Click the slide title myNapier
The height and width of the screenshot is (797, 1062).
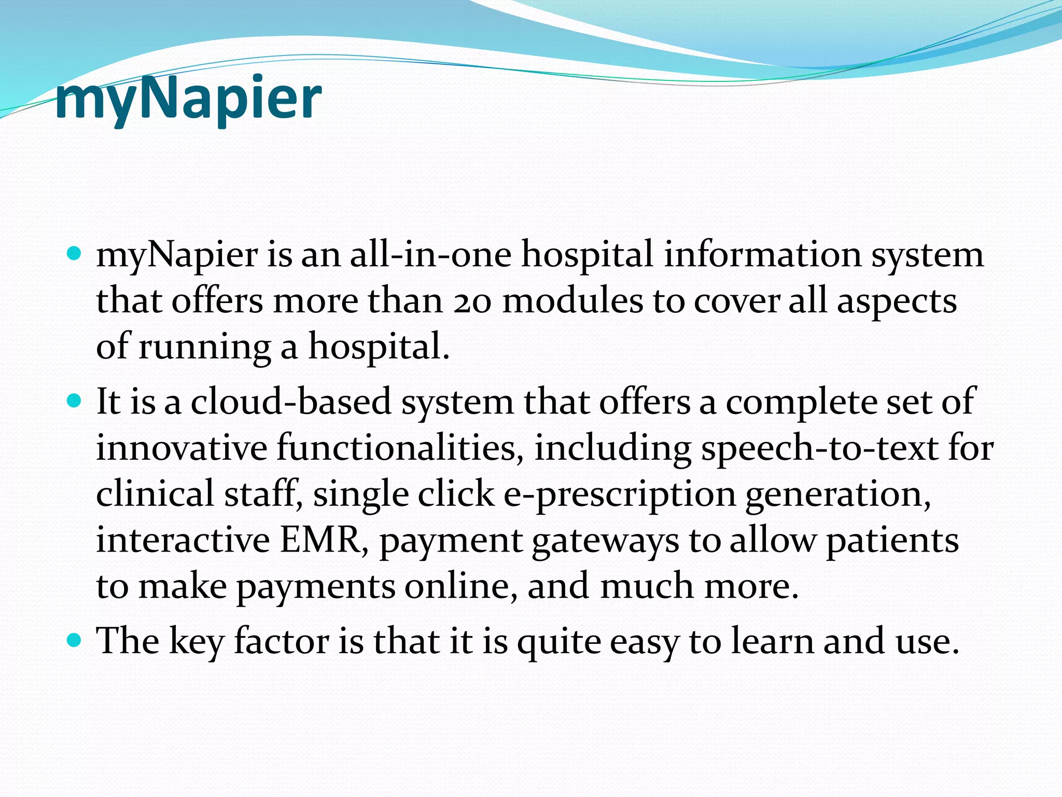point(188,99)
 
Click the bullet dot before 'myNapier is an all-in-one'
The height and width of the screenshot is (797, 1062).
point(75,254)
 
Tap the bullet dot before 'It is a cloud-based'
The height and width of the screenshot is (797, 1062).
point(75,401)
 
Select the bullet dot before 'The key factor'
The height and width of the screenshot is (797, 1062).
point(75,640)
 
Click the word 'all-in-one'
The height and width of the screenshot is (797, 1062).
point(430,255)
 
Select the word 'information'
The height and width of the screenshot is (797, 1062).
point(762,255)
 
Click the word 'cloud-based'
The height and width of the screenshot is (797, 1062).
point(291,402)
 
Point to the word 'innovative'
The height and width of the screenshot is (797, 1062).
point(181,448)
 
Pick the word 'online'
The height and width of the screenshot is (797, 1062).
point(460,586)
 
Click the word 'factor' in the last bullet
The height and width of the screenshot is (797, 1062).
point(282,641)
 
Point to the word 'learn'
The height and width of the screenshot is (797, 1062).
point(773,641)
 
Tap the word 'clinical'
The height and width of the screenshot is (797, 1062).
point(155,493)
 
